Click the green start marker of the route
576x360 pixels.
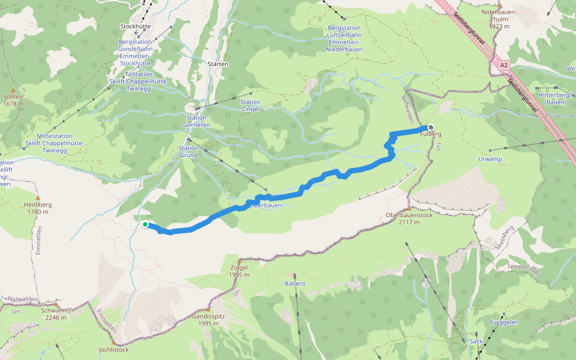coord(145,224)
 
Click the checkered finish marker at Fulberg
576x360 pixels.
coord(431,127)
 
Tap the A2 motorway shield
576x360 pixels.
coord(503,65)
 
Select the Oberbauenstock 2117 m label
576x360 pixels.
coord(409,218)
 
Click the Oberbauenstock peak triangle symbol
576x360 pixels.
coord(409,209)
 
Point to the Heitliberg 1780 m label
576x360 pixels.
coord(38,208)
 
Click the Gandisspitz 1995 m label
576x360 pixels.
coord(208,319)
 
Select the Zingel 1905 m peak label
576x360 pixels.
coord(239,271)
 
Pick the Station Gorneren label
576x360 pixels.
coord(197,121)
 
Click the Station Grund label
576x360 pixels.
coord(188,152)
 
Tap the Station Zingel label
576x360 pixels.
coord(250,106)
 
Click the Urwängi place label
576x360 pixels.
coord(489,159)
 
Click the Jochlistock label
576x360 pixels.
coord(113,349)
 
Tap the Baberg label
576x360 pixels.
coord(295,283)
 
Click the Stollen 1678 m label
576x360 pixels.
coord(13,100)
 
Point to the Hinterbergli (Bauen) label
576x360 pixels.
coord(556,98)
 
